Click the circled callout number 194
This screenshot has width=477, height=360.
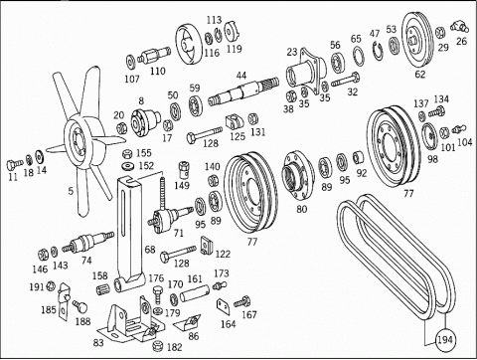(x=444, y=339)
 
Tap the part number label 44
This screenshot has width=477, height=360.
(x=241, y=76)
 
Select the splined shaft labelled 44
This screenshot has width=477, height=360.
(x=243, y=90)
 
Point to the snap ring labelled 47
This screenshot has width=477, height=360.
(x=379, y=52)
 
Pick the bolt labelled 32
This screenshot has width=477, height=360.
(x=345, y=80)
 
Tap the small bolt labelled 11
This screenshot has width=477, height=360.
(x=14, y=164)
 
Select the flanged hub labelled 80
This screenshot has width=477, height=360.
(x=298, y=175)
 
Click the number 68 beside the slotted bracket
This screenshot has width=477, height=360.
(x=150, y=250)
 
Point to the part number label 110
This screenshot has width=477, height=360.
(x=157, y=71)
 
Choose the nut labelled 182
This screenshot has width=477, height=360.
(x=158, y=346)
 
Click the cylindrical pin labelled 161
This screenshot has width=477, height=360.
(x=195, y=292)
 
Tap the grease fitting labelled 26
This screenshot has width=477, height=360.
(x=459, y=27)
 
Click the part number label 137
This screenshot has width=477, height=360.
(x=420, y=103)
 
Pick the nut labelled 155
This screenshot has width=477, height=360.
(x=127, y=154)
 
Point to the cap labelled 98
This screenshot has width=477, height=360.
(x=429, y=136)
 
